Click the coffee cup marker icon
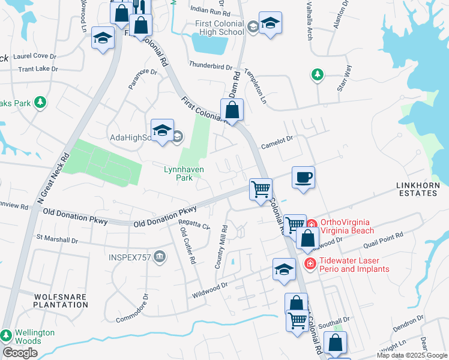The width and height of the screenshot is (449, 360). click(303, 178)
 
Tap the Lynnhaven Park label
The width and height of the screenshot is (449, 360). click(184, 174)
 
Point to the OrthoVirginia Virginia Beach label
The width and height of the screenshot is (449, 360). click(348, 226)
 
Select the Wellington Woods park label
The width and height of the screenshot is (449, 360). click(35, 337)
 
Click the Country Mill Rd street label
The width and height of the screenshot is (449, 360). click(221, 247)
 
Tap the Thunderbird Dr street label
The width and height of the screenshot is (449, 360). click(210, 64)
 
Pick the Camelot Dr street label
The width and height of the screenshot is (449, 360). click(277, 143)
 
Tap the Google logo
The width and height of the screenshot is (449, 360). click(19, 353)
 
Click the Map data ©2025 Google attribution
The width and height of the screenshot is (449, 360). click(412, 355)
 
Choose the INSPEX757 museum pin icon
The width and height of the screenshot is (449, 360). click(160, 258)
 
